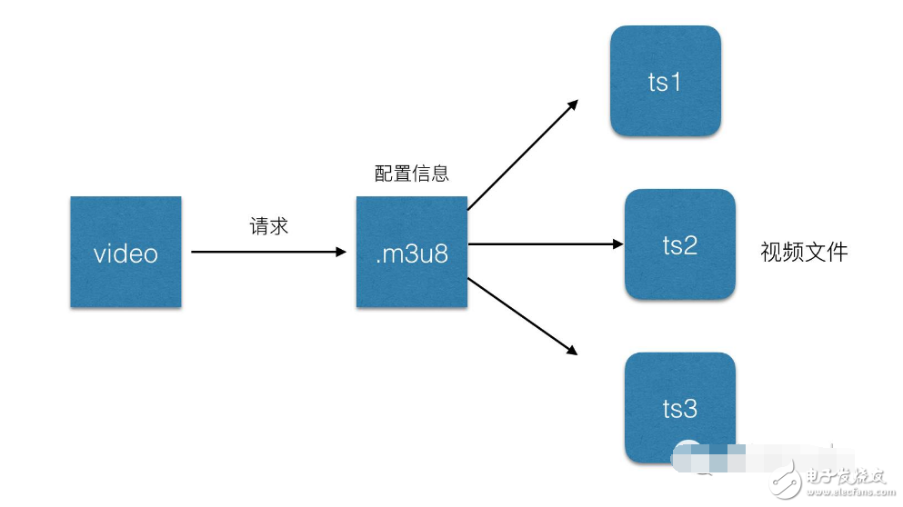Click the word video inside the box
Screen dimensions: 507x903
(125, 253)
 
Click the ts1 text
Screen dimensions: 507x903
(665, 83)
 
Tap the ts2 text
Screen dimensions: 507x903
(679, 245)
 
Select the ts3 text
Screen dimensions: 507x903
(679, 409)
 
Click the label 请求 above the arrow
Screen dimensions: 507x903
(269, 225)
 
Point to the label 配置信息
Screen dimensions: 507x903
(412, 173)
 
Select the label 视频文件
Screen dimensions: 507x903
(804, 252)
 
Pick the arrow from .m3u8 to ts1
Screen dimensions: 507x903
(523, 154)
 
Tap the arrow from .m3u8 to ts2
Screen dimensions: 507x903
(546, 244)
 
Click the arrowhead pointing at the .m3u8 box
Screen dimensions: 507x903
(341, 252)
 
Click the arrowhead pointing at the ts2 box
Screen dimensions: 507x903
(617, 244)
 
